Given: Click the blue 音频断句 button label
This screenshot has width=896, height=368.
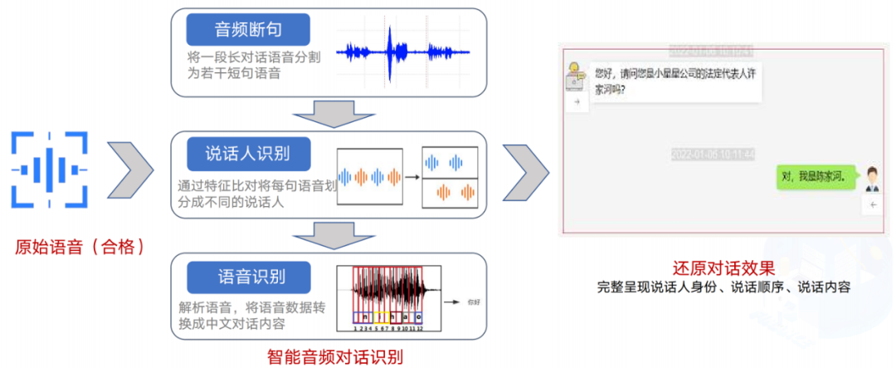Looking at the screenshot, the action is (248, 30).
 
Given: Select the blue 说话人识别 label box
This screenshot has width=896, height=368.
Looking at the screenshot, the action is (247, 153).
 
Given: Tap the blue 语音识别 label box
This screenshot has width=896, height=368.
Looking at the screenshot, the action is (247, 277).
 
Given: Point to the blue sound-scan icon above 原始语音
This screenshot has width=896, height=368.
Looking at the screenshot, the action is (49, 169).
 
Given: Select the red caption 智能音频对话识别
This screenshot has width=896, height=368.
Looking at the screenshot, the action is (335, 357).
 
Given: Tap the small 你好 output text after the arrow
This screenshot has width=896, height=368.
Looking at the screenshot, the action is (474, 302).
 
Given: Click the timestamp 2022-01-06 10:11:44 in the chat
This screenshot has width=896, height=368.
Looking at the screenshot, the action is (713, 155).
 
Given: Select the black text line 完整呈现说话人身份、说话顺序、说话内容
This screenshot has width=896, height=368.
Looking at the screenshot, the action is (723, 288).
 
